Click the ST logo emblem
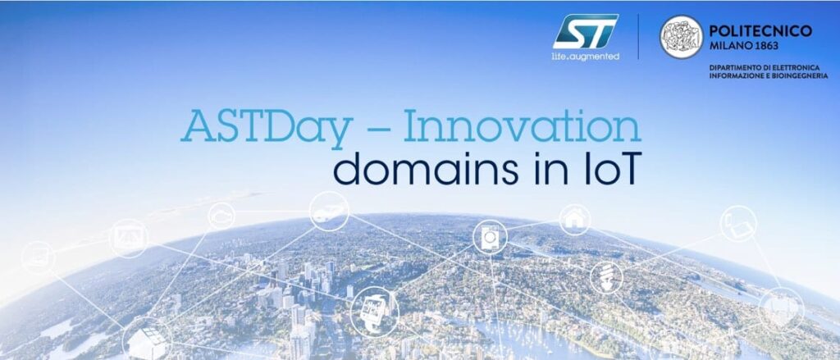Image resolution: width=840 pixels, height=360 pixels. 584,31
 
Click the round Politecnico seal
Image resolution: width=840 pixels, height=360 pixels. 681,37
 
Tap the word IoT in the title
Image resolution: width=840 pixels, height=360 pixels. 602,168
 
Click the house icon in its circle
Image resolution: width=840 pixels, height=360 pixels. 575,219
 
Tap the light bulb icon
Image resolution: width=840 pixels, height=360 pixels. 606,276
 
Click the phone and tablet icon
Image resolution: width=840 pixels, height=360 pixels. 737,223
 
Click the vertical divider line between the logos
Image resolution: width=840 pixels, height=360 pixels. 638,36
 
